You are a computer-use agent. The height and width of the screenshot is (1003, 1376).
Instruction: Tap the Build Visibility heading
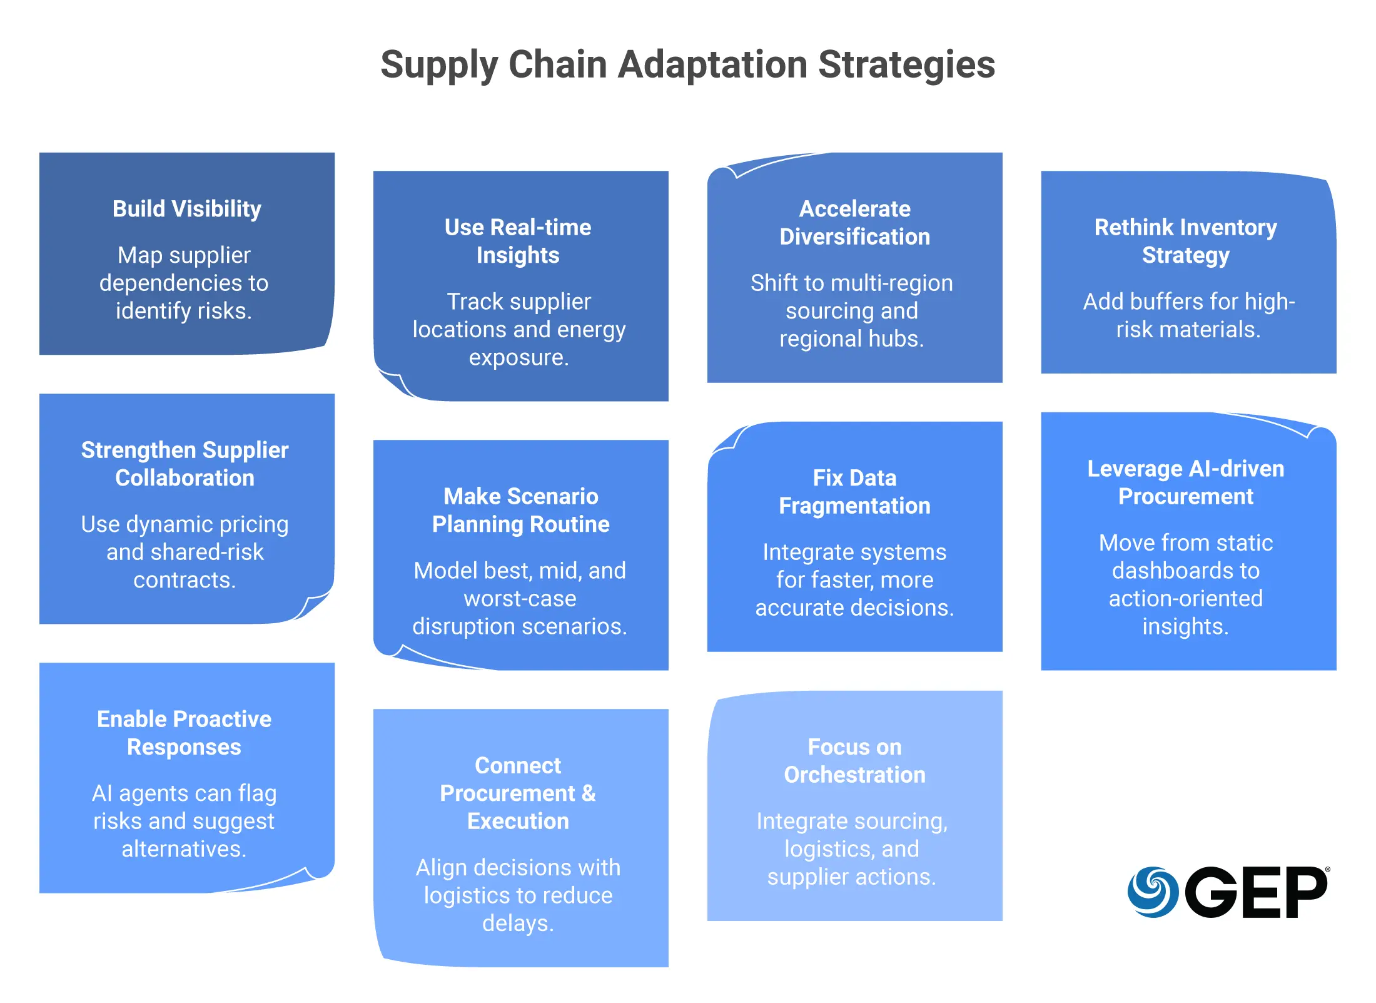187,209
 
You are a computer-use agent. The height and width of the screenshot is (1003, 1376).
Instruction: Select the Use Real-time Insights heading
518,241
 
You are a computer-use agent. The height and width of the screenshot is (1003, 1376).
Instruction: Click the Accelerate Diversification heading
855,223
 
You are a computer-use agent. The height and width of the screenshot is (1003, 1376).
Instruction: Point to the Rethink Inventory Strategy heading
1186,241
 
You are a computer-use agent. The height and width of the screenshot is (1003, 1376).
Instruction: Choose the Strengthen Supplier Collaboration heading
185,464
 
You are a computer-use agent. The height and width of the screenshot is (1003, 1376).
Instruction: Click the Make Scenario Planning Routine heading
521,510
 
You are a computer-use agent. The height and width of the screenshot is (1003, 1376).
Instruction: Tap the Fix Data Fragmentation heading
855,492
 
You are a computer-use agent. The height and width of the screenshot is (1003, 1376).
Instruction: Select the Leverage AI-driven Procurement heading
1186,482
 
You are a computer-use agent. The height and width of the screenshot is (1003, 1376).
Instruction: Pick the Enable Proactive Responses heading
184,733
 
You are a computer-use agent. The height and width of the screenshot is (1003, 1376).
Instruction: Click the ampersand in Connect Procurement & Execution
589,793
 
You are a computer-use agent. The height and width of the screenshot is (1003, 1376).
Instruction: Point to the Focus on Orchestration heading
855,761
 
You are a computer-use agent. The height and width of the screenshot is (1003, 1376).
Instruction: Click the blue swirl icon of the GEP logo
1153,892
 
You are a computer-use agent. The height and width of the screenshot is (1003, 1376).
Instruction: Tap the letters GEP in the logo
1256,892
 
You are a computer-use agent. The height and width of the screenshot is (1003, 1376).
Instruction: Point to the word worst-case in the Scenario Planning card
520,599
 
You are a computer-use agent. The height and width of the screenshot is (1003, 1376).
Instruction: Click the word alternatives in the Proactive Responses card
184,849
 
